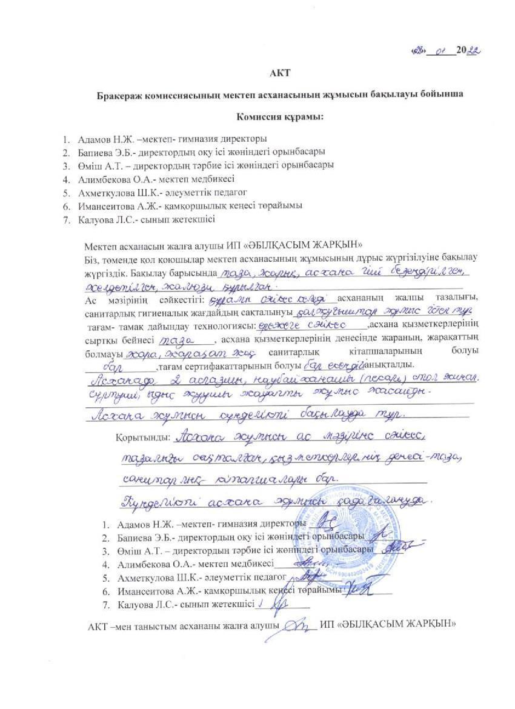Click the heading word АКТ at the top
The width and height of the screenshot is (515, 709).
(282, 74)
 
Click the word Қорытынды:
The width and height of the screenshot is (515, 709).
(145, 438)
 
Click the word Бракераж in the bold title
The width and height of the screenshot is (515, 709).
(120, 96)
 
